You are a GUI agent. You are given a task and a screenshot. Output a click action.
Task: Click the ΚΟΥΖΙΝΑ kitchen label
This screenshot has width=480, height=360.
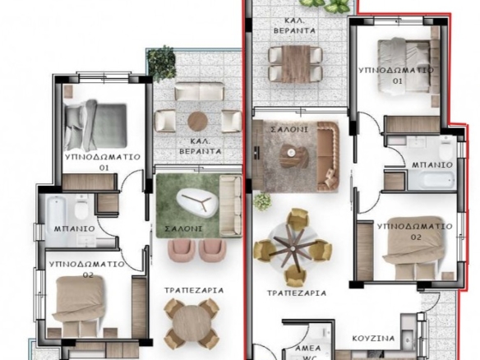tap(373, 339)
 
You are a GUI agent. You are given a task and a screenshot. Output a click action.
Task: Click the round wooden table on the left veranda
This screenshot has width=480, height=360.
tap(197, 122)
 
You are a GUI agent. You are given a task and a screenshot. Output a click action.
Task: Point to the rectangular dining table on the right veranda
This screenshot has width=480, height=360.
tap(296, 63)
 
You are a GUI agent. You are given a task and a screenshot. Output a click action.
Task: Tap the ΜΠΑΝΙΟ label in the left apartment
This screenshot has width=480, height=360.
tap(75, 228)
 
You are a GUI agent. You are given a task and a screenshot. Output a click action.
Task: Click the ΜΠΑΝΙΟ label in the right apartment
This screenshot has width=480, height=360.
tap(432, 165)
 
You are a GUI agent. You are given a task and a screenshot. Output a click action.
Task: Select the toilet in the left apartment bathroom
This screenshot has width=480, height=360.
tap(81, 208)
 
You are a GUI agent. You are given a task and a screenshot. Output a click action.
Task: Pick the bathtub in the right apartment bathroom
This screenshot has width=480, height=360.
tap(432, 181)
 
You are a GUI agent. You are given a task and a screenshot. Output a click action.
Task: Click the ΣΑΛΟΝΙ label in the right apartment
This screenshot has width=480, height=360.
tap(289, 130)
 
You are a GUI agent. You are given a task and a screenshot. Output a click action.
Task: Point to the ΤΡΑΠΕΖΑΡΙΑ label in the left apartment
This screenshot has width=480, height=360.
tap(194, 290)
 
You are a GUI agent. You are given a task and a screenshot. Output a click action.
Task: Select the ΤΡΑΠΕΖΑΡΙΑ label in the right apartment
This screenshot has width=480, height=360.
tap(297, 293)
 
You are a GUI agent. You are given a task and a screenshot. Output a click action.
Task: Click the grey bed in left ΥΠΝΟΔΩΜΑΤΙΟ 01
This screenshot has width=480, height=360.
tap(95, 124)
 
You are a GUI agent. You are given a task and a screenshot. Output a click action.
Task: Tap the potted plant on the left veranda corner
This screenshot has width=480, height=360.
tap(162, 63)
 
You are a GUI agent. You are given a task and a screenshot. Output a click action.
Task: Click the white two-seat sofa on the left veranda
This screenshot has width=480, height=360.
tap(199, 91)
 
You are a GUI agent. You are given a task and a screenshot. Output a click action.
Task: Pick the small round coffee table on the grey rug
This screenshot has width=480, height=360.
tap(291, 151)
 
